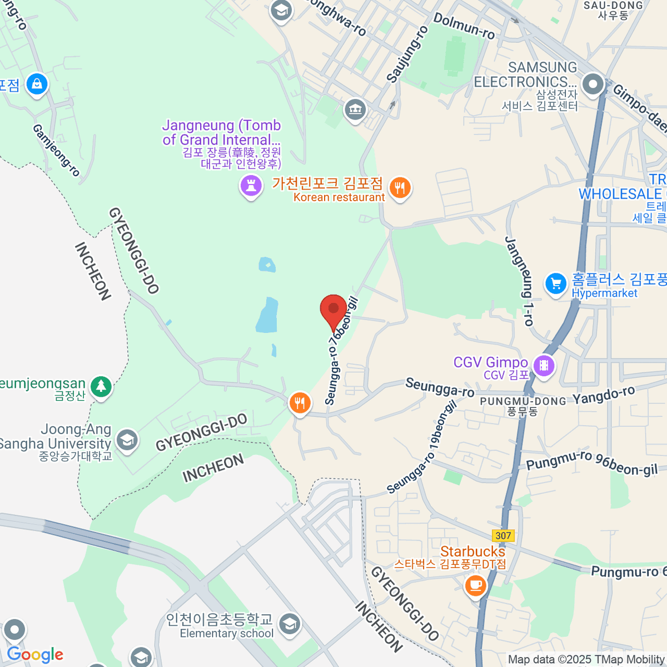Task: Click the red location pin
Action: click(333, 309)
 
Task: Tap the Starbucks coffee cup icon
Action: click(475, 585)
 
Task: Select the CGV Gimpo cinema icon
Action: click(544, 366)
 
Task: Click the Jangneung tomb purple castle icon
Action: click(251, 185)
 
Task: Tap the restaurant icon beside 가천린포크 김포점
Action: click(400, 188)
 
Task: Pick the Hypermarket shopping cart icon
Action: click(555, 284)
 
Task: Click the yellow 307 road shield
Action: click(503, 536)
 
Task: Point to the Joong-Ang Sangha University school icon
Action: click(127, 439)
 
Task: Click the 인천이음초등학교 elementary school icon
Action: click(289, 624)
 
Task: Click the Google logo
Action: click(35, 655)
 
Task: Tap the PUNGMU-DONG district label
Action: click(522, 401)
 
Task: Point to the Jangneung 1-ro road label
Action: click(519, 281)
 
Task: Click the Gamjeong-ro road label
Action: click(56, 150)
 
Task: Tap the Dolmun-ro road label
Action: click(464, 26)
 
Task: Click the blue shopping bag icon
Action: click(37, 84)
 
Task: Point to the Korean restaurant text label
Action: click(339, 197)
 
